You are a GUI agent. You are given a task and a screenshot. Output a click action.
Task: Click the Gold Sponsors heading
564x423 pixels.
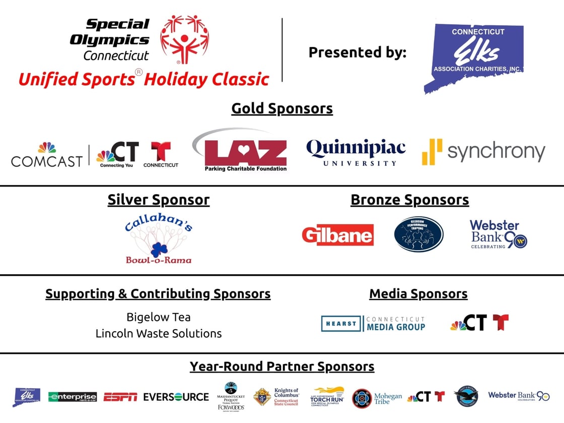click(282, 108)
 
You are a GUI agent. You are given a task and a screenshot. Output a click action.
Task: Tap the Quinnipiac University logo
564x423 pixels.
click(356, 152)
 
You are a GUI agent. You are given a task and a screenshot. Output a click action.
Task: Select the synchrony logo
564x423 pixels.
click(483, 152)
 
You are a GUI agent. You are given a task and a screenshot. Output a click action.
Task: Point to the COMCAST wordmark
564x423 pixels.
click(47, 160)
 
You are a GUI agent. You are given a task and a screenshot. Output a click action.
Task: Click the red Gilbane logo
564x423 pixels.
click(338, 235)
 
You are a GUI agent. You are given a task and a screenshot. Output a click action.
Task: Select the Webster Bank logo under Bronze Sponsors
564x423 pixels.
click(498, 234)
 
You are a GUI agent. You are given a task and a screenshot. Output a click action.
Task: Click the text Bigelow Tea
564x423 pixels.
click(159, 317)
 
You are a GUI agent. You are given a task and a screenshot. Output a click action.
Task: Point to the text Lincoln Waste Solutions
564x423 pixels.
click(159, 333)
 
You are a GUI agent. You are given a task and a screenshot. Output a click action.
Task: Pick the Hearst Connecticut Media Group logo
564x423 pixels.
click(373, 324)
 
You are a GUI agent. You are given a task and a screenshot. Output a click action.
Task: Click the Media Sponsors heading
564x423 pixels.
click(418, 294)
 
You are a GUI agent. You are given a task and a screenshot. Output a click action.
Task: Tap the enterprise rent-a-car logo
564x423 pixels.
click(73, 397)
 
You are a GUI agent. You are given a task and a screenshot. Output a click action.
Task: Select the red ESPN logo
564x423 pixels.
click(120, 397)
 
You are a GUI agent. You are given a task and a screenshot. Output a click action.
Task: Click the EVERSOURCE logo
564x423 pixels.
click(176, 397)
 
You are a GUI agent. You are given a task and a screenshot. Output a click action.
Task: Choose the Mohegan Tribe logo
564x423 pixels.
click(377, 398)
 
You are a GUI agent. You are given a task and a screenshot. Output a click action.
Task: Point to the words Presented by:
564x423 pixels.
click(357, 52)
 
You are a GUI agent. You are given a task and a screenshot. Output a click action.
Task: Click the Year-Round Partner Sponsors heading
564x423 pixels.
click(282, 367)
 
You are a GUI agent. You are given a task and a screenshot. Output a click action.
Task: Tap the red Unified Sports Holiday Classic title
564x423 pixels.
click(144, 79)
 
